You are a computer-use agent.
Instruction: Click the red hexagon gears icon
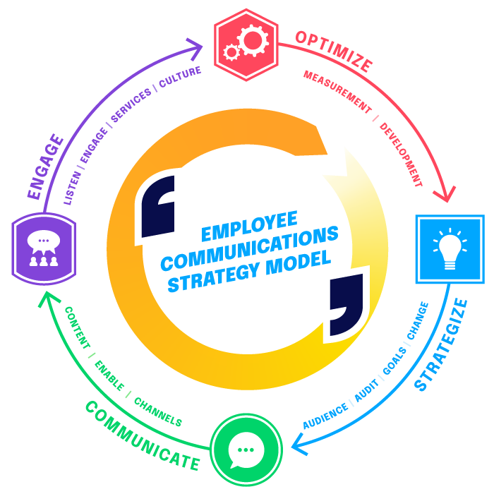[246, 45]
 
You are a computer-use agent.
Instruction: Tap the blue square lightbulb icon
[450, 249]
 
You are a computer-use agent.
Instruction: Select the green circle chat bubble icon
[246, 450]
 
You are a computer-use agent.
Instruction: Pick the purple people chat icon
[44, 248]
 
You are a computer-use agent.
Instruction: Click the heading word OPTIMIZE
[334, 51]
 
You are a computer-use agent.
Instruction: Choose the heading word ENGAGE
[46, 167]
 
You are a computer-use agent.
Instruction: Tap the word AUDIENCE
[325, 416]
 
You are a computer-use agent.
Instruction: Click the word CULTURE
[180, 76]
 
